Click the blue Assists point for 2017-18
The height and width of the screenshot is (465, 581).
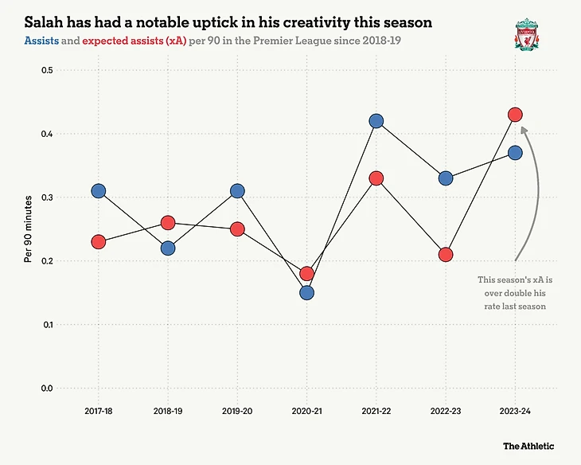pyautogui.click(x=98, y=191)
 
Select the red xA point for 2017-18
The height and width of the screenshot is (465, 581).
pyautogui.click(x=98, y=242)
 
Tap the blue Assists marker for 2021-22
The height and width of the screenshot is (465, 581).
pyautogui.click(x=376, y=121)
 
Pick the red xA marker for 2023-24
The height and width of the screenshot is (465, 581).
pyautogui.click(x=515, y=115)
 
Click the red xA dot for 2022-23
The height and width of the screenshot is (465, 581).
pyautogui.click(x=446, y=255)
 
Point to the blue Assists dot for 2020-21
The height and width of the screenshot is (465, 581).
pyautogui.click(x=306, y=293)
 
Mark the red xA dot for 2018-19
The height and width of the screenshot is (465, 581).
pyautogui.click(x=168, y=223)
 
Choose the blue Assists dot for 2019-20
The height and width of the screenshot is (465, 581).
pyautogui.click(x=237, y=191)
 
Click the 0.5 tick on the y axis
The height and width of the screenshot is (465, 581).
pyautogui.click(x=46, y=70)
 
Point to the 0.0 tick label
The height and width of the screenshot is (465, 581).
pyautogui.click(x=46, y=389)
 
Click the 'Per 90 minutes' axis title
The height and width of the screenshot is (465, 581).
pyautogui.click(x=28, y=229)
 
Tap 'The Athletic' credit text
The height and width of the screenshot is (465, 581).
pyautogui.click(x=528, y=447)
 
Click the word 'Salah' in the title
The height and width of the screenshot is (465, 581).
pyautogui.click(x=44, y=20)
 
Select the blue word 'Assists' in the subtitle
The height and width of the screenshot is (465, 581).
pyautogui.click(x=42, y=40)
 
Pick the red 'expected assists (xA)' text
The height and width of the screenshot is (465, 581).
pyautogui.click(x=134, y=40)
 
